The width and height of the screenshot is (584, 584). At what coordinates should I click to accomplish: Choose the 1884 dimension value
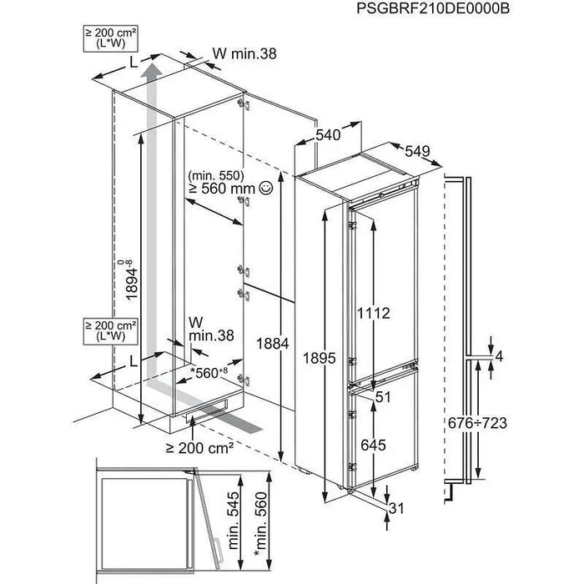272,344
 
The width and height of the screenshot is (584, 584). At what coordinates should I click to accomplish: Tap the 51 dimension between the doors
383,397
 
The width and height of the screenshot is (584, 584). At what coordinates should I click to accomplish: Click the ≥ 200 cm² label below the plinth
198,448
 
